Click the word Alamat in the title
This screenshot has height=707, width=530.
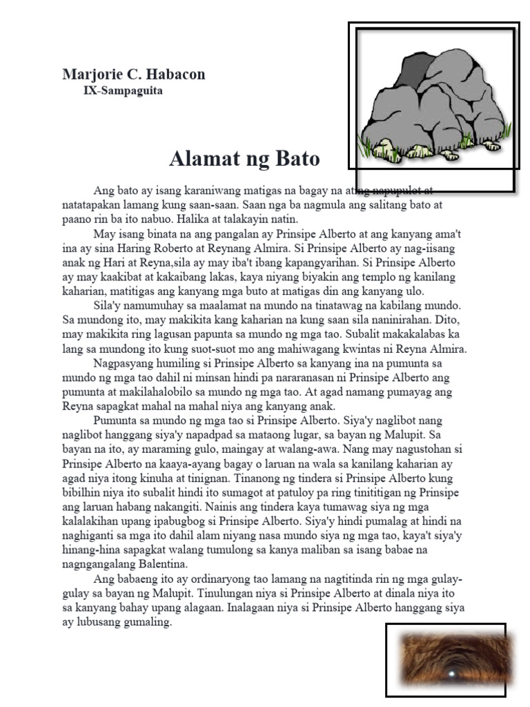tap(201, 159)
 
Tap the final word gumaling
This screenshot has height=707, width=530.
tap(146, 622)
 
